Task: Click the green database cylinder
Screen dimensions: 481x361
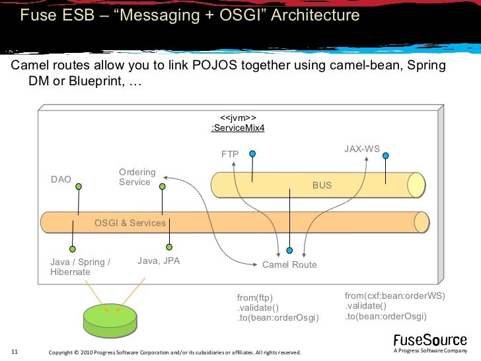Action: click(x=110, y=321)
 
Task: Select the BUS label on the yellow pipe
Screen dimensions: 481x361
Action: click(x=322, y=185)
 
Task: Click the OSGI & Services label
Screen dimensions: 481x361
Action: click(x=129, y=223)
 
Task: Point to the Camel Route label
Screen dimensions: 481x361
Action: click(x=289, y=264)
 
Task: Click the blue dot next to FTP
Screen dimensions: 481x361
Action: click(x=252, y=153)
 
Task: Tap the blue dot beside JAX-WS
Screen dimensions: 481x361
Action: click(x=386, y=155)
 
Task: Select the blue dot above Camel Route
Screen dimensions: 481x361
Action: click(x=289, y=251)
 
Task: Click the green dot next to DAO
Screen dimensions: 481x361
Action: click(x=79, y=186)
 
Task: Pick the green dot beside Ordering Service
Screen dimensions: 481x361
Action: click(x=163, y=186)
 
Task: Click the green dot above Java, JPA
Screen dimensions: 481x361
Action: click(x=169, y=247)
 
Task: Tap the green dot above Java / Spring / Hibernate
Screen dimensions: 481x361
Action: click(x=73, y=249)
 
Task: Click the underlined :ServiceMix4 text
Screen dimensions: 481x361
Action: click(x=238, y=128)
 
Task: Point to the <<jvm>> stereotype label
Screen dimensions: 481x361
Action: click(x=238, y=118)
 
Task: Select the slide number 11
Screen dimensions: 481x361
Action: click(x=15, y=352)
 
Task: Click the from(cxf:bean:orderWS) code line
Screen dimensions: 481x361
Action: click(x=394, y=296)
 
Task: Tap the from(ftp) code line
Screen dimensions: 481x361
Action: click(x=254, y=298)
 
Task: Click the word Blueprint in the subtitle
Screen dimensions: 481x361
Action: click(x=96, y=81)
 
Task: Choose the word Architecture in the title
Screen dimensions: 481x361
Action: click(x=315, y=15)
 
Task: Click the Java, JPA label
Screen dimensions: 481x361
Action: click(x=159, y=261)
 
